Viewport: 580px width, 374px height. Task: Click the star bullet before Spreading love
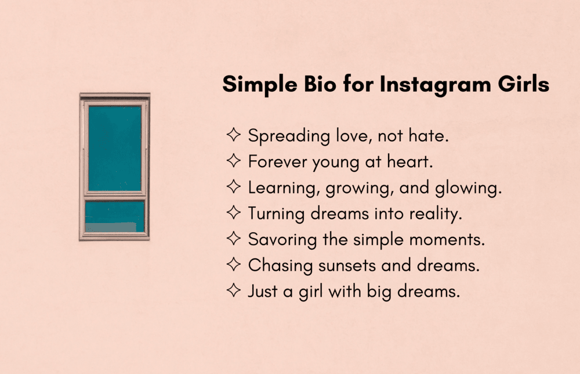[x=233, y=136]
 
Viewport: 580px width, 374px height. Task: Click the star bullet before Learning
[x=233, y=188]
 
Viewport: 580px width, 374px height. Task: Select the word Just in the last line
[x=262, y=292]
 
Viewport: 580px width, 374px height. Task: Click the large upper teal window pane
[x=114, y=148]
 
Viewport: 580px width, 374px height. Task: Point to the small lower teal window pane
[x=114, y=216]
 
